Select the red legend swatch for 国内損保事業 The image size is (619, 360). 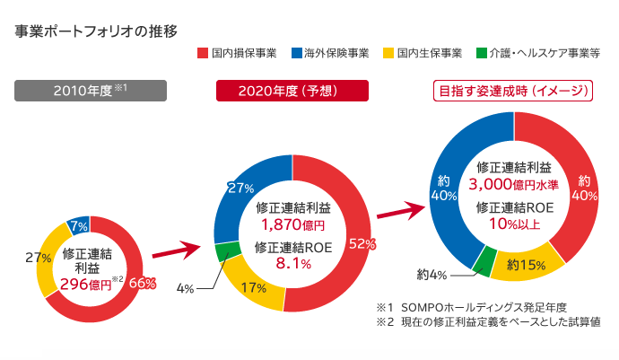pos(204,53)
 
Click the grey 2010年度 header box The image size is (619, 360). pos(91,90)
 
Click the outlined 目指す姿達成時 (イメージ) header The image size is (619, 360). pos(513,90)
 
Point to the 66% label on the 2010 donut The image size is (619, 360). pos(143,283)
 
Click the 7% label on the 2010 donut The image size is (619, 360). pos(78,225)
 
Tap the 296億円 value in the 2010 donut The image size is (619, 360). pos(85,284)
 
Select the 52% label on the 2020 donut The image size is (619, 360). pos(362,244)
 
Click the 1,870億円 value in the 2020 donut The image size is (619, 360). pos(292,224)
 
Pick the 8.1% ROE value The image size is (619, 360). pos(292,263)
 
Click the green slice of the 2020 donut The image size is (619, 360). pos(225,250)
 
